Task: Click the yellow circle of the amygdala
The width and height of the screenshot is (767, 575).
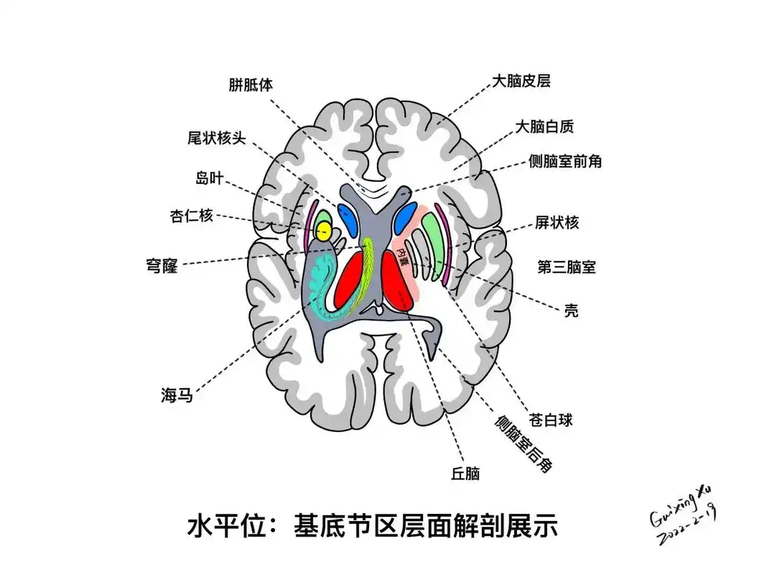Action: point(324,231)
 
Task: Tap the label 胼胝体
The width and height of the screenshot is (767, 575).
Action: point(251,85)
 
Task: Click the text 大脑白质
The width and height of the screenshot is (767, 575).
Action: point(544,127)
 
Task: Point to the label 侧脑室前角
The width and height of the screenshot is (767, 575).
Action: point(564,162)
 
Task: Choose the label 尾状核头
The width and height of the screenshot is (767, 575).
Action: point(216,138)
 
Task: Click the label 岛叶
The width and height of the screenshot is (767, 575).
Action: point(209,178)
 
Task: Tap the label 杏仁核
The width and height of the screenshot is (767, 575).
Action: point(192,215)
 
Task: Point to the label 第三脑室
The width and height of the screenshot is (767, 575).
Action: point(567,267)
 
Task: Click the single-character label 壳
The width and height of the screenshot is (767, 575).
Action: point(572,311)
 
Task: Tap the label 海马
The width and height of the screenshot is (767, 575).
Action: point(177,394)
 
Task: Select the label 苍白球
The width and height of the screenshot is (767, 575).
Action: point(550,420)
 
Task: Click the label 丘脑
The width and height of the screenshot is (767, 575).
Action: point(465,474)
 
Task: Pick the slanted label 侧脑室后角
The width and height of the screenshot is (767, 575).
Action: point(523,443)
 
